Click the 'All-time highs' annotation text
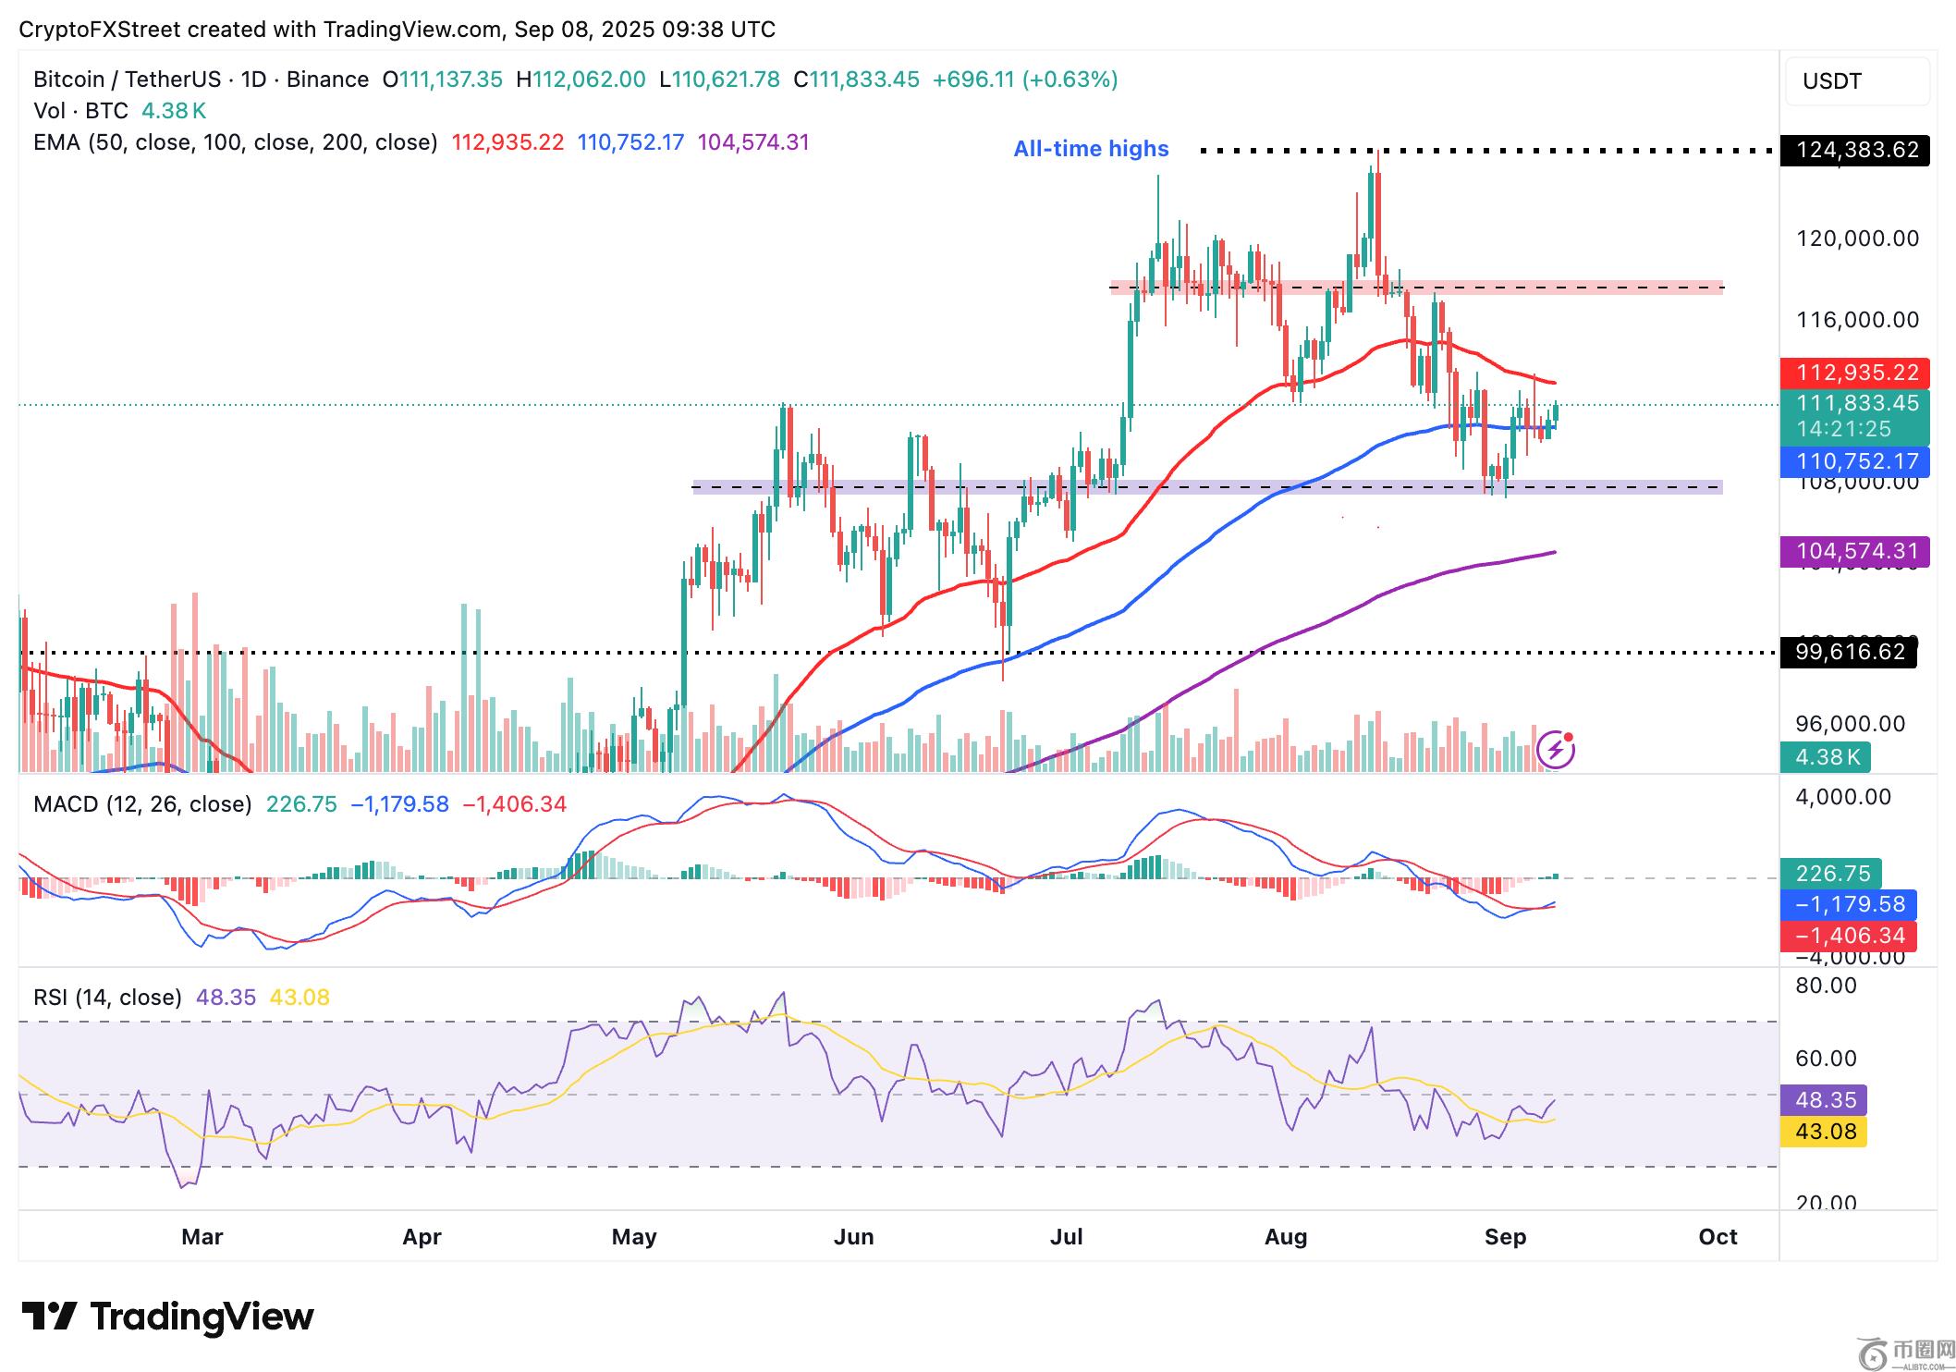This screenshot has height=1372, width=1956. click(x=1091, y=149)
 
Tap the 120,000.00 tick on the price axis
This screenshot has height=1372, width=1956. click(x=1857, y=239)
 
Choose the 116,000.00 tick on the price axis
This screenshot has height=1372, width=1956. click(x=1857, y=320)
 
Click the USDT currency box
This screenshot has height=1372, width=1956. click(x=1856, y=81)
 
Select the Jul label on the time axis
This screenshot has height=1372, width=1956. click(x=1066, y=1237)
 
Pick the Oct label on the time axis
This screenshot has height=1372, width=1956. click(x=1718, y=1237)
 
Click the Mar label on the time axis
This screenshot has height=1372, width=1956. click(x=202, y=1237)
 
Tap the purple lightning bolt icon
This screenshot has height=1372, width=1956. click(x=1556, y=750)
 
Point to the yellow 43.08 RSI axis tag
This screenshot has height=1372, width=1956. click(x=1825, y=1131)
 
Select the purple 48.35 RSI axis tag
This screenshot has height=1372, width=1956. click(x=1825, y=1100)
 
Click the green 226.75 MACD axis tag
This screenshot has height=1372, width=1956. click(x=1831, y=873)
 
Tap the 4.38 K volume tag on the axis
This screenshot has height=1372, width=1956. click(x=1826, y=757)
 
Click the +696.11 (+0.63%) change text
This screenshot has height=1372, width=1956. click(x=1025, y=80)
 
